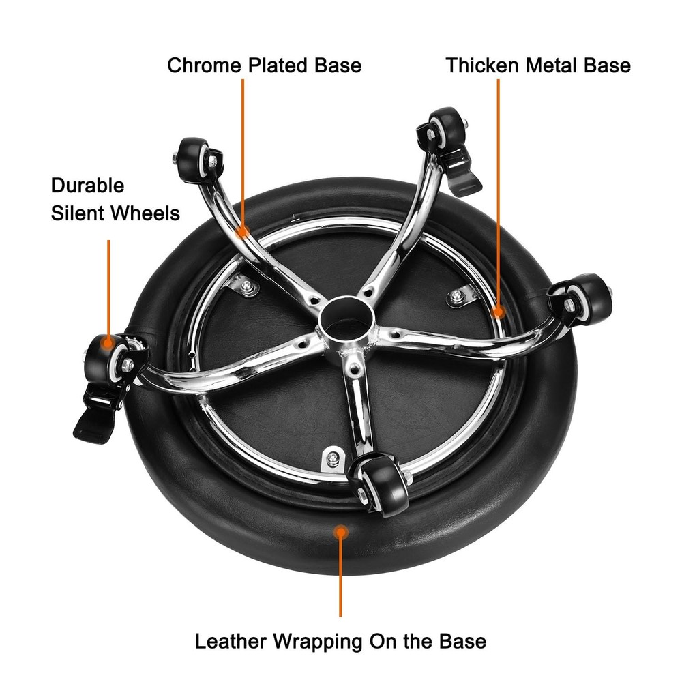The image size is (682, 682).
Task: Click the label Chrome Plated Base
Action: coord(265,65)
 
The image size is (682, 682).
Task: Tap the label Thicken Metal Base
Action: coord(538,65)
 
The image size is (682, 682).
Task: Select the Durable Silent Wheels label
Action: coord(115,199)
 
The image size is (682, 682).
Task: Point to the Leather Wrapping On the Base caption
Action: coord(340,641)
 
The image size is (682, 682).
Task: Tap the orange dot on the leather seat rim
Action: coord(341,531)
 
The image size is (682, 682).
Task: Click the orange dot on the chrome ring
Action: coord(499,312)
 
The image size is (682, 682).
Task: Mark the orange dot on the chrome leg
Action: coord(243,231)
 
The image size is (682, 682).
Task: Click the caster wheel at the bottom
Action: coord(381,484)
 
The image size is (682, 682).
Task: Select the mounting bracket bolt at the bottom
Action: coord(333,458)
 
